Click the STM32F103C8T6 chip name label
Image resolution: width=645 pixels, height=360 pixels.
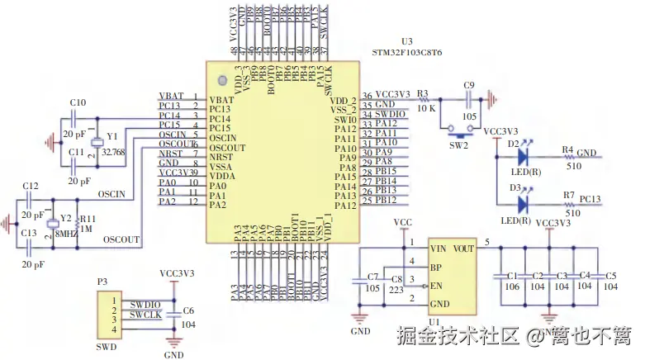[x=407, y=52]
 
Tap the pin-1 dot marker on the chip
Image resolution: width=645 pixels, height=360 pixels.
[x=221, y=80]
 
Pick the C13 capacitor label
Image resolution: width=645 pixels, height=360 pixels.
[x=30, y=233]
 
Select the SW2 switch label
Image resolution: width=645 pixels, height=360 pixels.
[x=458, y=145]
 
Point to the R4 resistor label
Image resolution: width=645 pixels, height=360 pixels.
[x=568, y=149]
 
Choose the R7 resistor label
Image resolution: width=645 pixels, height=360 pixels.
[x=568, y=195]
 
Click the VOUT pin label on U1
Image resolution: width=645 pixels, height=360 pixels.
[x=463, y=247]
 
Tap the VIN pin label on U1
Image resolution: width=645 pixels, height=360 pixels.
[x=439, y=247]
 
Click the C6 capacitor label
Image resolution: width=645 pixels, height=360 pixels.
[x=188, y=311]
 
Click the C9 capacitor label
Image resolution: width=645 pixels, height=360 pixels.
[x=469, y=85]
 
